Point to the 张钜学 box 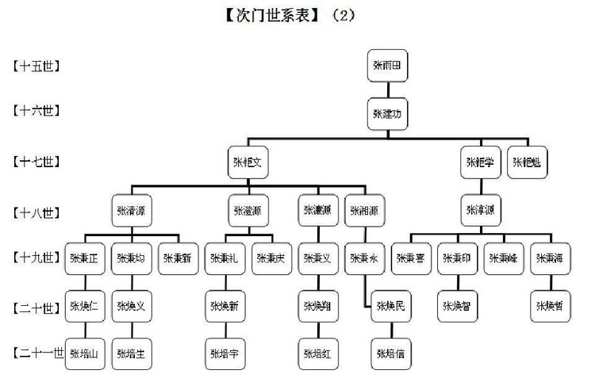(x=480, y=162)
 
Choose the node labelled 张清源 (x=131, y=210)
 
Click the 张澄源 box (x=248, y=210)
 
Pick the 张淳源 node (x=480, y=210)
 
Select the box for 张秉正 (x=83, y=258)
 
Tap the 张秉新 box (x=178, y=258)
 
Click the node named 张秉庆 (x=273, y=258)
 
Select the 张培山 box (x=83, y=352)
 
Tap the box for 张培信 (x=390, y=352)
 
